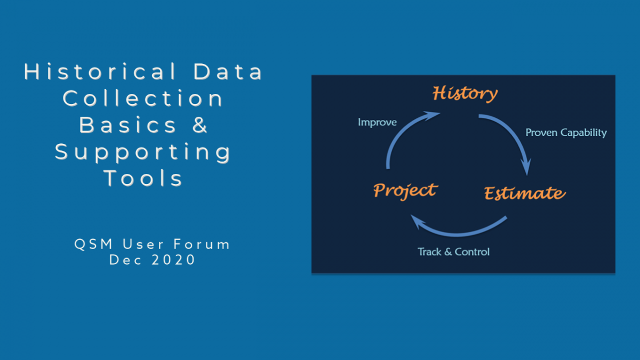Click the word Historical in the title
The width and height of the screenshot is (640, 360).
tap(100, 71)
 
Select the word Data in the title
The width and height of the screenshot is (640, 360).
tap(227, 71)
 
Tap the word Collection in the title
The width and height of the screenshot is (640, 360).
tap(142, 98)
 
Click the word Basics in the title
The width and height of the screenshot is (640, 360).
tap(127, 125)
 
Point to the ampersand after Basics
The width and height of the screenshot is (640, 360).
tap(199, 125)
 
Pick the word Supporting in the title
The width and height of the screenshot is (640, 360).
tap(142, 152)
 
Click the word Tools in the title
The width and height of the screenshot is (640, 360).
tap(143, 178)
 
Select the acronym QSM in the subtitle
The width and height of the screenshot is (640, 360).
tap(93, 244)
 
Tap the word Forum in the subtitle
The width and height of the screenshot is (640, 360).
tap(202, 244)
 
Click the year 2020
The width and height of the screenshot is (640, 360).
tap(173, 260)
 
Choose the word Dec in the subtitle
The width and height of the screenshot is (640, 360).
tap(125, 260)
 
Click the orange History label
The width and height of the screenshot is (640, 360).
tap(465, 93)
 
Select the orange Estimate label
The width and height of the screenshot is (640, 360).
tap(525, 193)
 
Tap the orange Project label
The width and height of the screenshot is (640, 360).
tap(405, 191)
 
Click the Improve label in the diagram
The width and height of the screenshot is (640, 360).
tap(377, 122)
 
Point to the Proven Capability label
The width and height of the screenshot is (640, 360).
tap(566, 133)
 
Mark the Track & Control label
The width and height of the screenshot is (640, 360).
tap(453, 252)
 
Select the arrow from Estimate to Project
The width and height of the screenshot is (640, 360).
tap(457, 235)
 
